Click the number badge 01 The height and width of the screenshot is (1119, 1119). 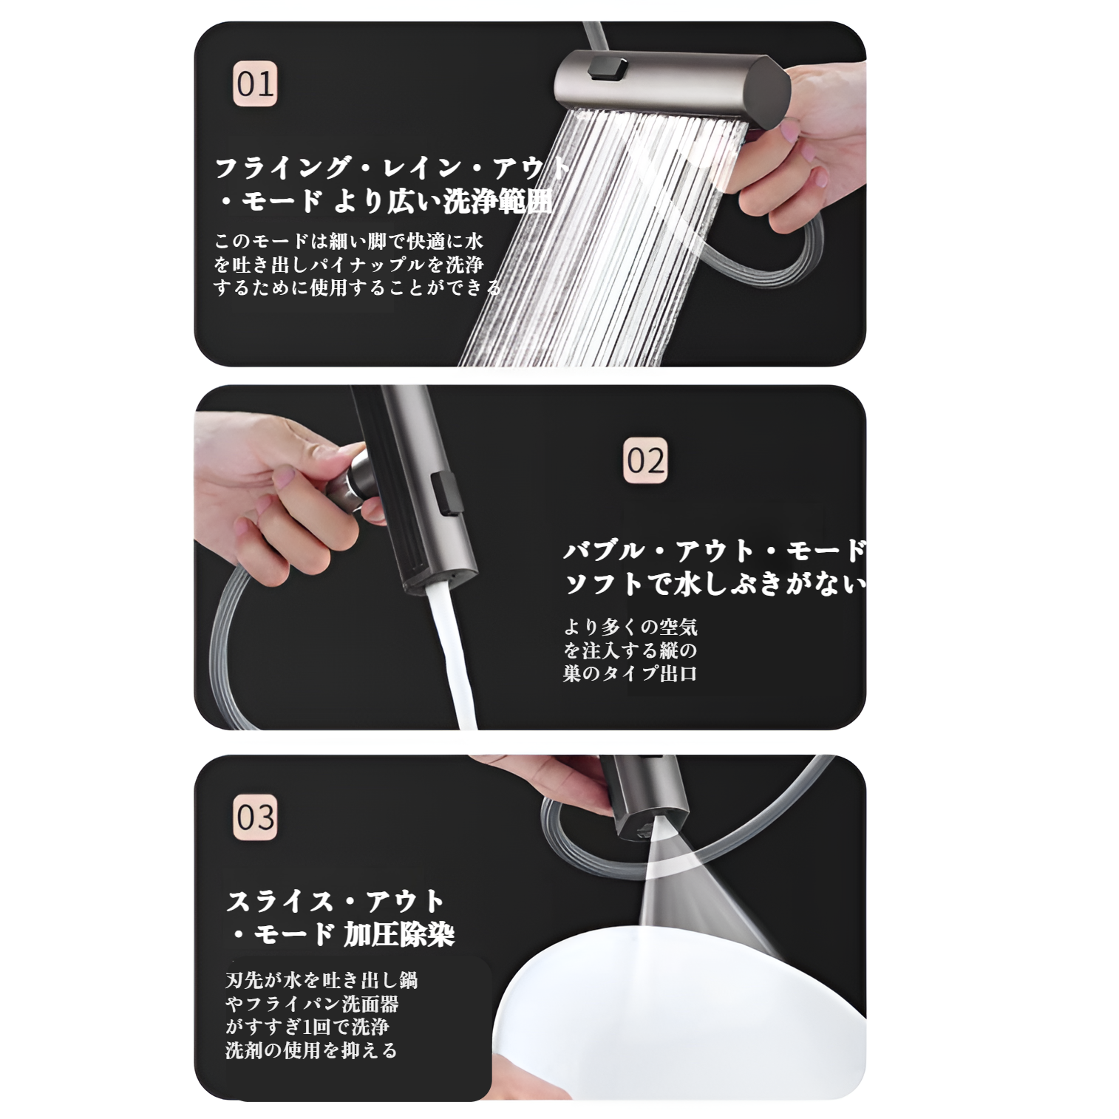click(255, 84)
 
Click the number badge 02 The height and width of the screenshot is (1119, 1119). click(645, 460)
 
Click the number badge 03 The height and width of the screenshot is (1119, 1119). click(255, 817)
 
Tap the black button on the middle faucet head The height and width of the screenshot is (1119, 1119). click(444, 494)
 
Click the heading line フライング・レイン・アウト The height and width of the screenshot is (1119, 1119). click(392, 169)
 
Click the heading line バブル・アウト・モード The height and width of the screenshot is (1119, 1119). click(713, 551)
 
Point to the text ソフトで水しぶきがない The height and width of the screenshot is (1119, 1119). click(713, 584)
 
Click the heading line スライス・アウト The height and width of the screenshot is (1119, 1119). click(335, 902)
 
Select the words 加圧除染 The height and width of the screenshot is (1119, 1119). click(398, 935)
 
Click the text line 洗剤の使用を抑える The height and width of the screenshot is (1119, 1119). click(311, 1050)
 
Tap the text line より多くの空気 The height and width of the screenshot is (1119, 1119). click(630, 627)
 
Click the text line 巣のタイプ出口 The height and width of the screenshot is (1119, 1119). click(630, 673)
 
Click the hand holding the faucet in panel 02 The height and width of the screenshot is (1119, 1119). click(273, 488)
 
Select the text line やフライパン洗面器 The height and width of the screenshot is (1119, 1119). click(311, 1004)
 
